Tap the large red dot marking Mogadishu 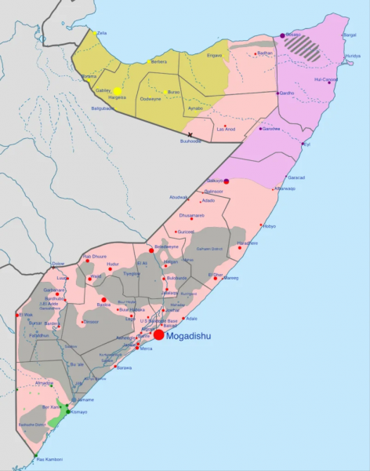point(158,335)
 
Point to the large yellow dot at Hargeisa point(117,91)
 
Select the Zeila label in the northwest point(101,33)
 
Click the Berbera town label point(158,61)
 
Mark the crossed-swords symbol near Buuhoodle point(190,134)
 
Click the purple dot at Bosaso point(282,35)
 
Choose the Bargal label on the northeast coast point(349,35)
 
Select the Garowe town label point(271,128)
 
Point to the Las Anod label point(226,130)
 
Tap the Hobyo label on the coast point(269,226)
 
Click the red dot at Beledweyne point(151,250)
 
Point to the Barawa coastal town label point(124,367)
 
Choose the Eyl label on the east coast point(307,144)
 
